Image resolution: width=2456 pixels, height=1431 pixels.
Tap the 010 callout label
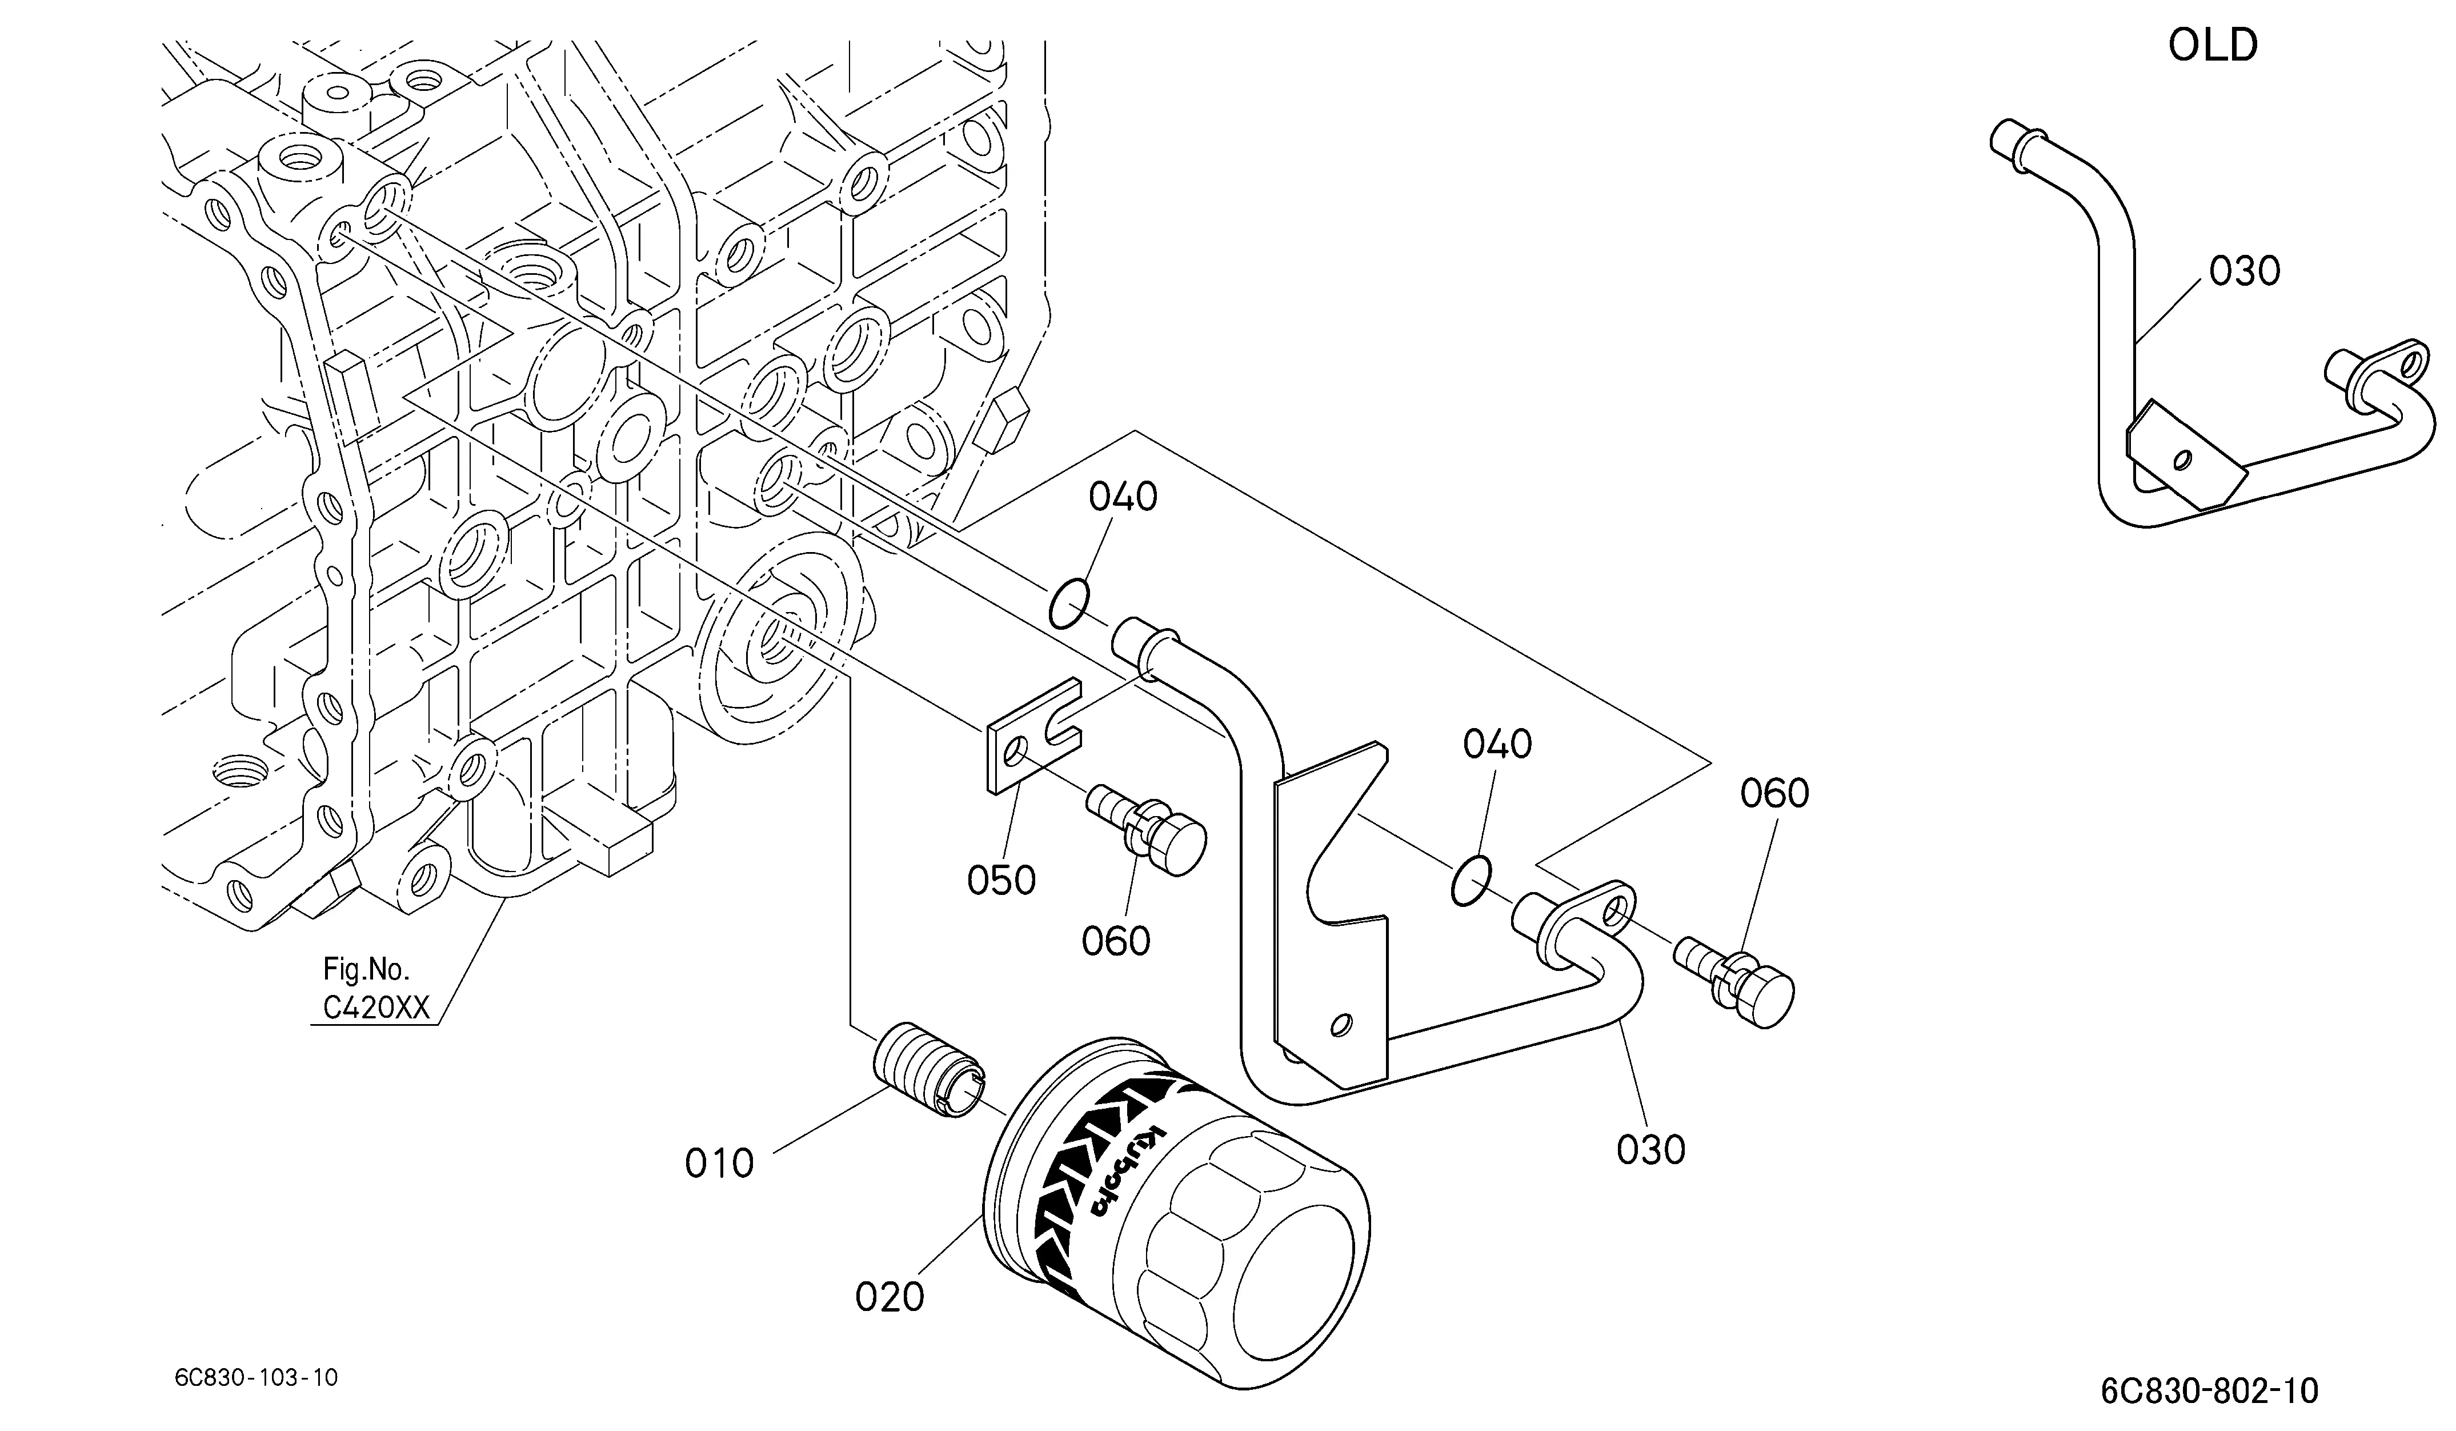tap(719, 1163)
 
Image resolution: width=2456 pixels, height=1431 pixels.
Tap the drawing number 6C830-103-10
tap(257, 1377)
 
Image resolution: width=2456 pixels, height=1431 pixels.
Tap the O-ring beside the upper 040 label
tap(1069, 605)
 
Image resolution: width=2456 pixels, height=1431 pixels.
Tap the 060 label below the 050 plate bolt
tap(1116, 941)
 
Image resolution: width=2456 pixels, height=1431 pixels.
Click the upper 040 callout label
tap(1123, 497)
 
